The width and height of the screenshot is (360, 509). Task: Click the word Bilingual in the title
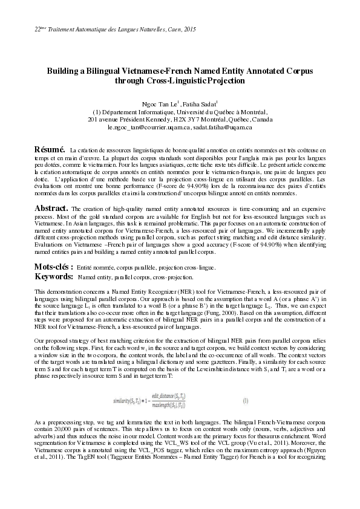pos(103,71)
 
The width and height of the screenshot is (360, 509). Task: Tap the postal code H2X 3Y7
pos(181,120)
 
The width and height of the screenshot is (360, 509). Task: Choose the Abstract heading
pos(51,207)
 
